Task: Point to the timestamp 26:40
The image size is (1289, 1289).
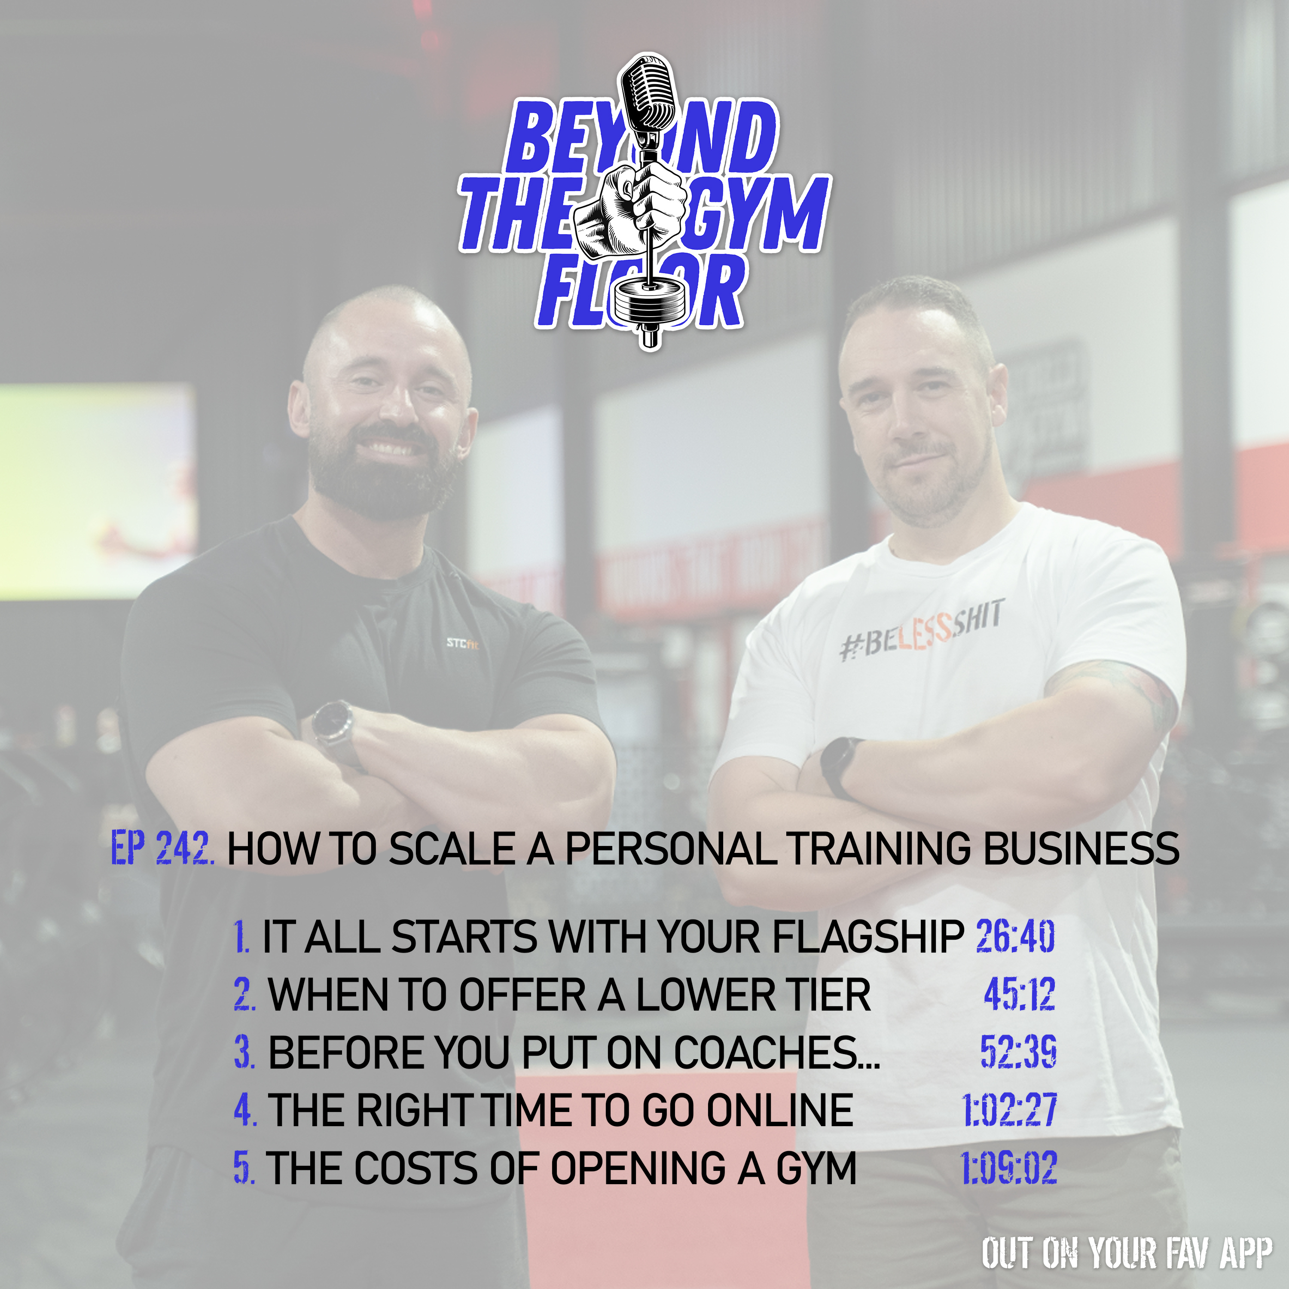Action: point(1015,936)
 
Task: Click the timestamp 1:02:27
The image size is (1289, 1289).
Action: point(1009,1110)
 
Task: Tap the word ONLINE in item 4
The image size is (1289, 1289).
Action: point(780,1110)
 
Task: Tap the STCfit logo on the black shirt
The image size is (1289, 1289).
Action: point(462,643)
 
